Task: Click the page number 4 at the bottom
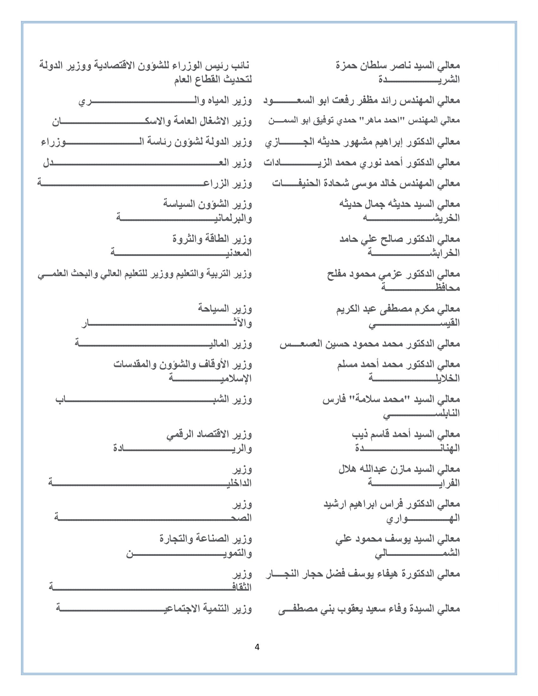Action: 257,647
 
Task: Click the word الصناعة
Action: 214,539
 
